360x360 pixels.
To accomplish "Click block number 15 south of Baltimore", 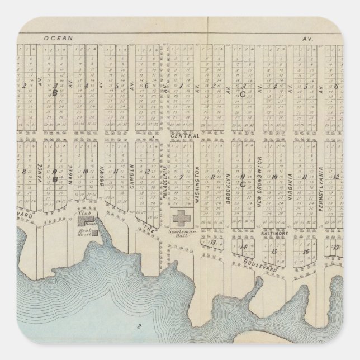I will point(274,250).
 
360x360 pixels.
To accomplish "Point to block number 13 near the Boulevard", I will point(212,243).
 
